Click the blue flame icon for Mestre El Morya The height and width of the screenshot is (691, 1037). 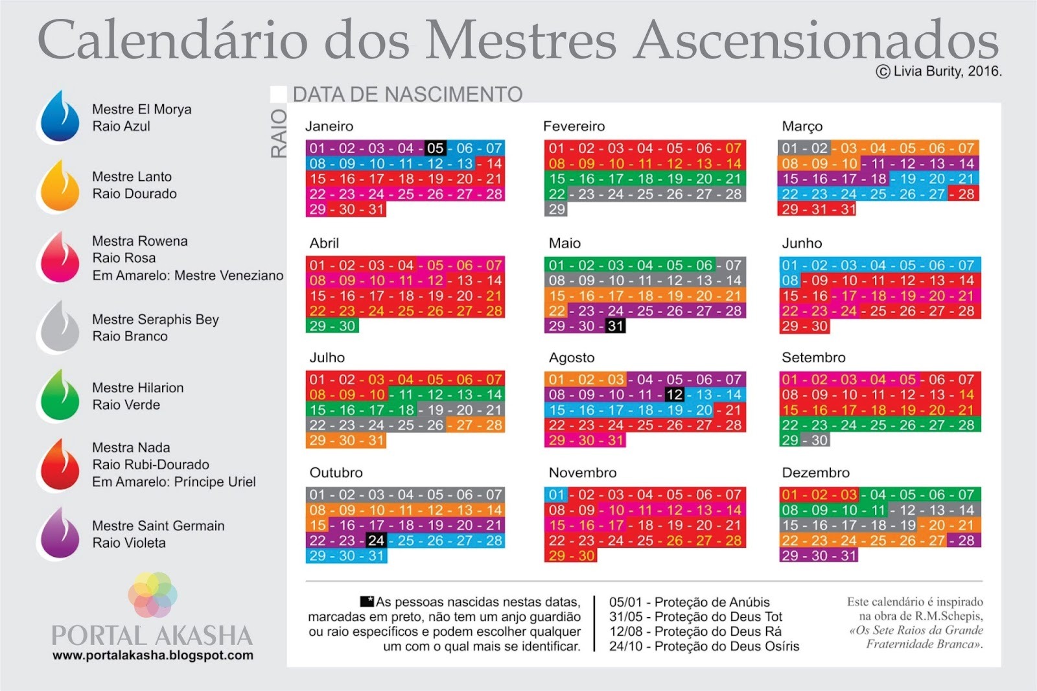(x=60, y=117)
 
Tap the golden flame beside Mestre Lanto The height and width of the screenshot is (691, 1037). (x=60, y=186)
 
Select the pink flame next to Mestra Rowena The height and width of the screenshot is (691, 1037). (x=60, y=257)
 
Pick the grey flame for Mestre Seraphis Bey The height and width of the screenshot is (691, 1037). (x=60, y=327)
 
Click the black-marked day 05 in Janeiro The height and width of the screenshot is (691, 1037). (x=435, y=148)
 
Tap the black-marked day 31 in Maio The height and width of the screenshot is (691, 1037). (x=616, y=326)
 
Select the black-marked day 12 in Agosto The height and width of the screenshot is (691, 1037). (x=674, y=395)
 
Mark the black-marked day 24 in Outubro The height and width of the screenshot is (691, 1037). (x=376, y=541)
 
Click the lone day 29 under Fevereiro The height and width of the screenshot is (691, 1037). (x=557, y=209)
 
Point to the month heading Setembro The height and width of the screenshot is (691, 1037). (x=813, y=357)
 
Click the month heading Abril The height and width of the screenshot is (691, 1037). (x=324, y=243)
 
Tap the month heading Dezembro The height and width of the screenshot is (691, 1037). (x=815, y=473)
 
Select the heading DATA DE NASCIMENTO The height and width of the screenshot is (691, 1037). (x=408, y=95)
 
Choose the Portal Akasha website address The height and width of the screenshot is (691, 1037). (x=153, y=655)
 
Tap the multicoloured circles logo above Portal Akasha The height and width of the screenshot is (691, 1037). (x=152, y=594)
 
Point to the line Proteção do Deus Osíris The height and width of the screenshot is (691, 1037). (x=704, y=646)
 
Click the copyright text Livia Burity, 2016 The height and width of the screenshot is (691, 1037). (x=939, y=72)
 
